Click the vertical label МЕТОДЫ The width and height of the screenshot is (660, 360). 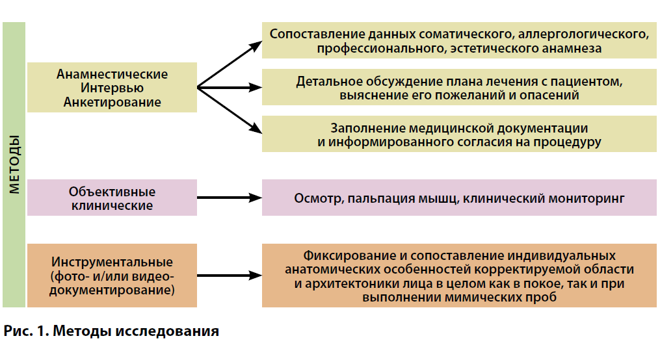click(14, 164)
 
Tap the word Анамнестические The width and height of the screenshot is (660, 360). click(112, 74)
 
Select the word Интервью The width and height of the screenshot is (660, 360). click(112, 88)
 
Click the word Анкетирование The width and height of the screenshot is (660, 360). click(112, 102)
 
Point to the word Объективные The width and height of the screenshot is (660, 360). click(112, 192)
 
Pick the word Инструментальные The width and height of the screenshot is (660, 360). click(112, 262)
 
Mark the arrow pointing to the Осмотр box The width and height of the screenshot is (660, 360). click(230, 198)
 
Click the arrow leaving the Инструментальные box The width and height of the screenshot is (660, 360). click(230, 276)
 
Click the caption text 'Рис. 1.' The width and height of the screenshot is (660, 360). click(27, 331)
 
